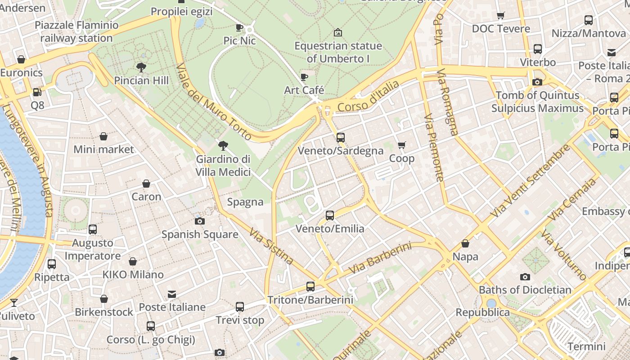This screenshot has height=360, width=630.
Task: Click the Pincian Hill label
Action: [141, 81]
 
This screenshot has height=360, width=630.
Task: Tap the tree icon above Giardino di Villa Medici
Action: [223, 145]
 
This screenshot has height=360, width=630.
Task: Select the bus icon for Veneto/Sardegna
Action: [341, 137]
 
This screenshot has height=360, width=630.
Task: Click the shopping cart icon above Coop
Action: [402, 145]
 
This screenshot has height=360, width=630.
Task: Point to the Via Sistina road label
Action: [271, 247]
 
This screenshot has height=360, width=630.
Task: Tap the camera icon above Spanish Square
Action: [200, 221]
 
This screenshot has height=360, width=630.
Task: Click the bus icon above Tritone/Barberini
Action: [310, 286]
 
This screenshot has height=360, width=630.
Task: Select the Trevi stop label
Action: [240, 320]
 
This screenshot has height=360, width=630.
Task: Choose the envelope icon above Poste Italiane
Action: [172, 294]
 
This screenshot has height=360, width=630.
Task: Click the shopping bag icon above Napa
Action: [465, 243]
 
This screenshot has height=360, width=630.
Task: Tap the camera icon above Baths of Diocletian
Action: [525, 277]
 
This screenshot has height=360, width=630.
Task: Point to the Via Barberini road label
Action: [380, 258]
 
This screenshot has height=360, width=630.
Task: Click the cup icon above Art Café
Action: [304, 77]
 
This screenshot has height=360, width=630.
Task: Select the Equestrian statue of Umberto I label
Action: [338, 52]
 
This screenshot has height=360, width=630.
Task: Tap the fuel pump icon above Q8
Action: [37, 92]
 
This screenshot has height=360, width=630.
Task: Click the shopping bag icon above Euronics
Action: [21, 59]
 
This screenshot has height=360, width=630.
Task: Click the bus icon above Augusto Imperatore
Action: [93, 229]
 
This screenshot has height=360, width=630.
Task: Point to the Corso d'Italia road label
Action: [368, 96]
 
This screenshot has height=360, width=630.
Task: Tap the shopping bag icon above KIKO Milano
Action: [133, 261]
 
